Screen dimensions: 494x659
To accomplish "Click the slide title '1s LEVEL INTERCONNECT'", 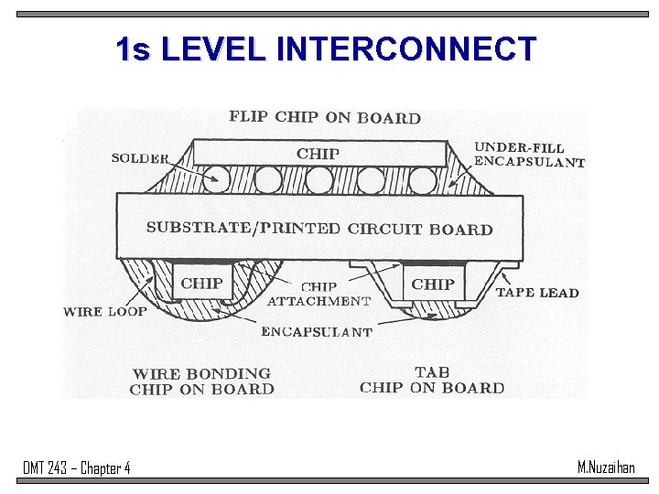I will (x=326, y=49).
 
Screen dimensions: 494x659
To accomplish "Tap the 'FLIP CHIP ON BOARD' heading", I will (x=325, y=117).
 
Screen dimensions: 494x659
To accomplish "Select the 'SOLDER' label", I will (x=140, y=158).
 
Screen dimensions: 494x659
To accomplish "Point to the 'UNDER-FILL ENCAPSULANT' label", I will (x=529, y=155).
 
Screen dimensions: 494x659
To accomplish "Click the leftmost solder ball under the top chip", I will (x=217, y=180).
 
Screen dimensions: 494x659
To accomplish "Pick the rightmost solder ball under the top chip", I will (x=422, y=180).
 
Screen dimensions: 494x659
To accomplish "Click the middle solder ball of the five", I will (x=319, y=180).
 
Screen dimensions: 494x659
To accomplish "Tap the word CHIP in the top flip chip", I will (x=318, y=153).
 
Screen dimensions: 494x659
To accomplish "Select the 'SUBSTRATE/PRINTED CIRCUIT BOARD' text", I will (x=319, y=228).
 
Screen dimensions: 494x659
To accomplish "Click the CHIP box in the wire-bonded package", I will (x=201, y=284).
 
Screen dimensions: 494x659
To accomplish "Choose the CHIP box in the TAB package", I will (x=433, y=284).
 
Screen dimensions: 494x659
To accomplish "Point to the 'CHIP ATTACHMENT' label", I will (x=319, y=294).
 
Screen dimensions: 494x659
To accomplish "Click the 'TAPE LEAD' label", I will (x=537, y=293).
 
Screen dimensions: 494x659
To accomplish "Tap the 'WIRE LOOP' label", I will (x=105, y=311).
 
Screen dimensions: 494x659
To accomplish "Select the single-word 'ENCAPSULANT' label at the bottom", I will (x=317, y=332).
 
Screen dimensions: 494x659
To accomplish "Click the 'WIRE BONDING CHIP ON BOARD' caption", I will (x=201, y=381).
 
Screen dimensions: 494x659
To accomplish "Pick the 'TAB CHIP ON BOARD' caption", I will (x=432, y=380).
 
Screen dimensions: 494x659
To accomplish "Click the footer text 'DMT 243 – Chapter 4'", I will (x=77, y=468).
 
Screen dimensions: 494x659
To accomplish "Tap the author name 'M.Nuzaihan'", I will (x=606, y=467).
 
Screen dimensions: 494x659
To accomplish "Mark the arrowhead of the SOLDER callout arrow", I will (x=217, y=180).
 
